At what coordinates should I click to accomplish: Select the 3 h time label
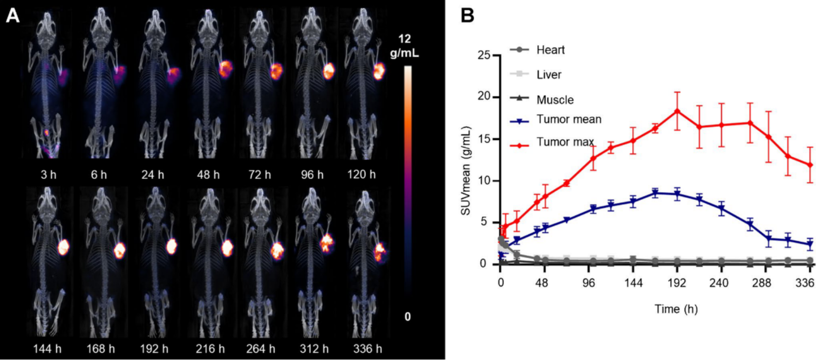coord(48,175)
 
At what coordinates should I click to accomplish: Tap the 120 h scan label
coord(361,175)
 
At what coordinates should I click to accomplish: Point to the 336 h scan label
coord(367,348)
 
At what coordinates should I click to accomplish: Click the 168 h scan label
coord(100,348)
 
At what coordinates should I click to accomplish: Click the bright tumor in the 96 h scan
coord(329,71)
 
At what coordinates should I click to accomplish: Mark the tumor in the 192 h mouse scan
coord(171,246)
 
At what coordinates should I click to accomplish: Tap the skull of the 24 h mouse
coord(154,21)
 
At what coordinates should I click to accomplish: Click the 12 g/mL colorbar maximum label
coord(404,46)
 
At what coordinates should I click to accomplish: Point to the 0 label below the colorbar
coord(408,317)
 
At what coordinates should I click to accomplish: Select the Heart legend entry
coord(550,50)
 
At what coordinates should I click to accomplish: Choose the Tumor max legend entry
coord(565,142)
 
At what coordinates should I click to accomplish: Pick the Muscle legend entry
coord(555,100)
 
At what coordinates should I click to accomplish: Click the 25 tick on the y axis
coord(484,55)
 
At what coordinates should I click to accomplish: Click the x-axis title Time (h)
coord(675,309)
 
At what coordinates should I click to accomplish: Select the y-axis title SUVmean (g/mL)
coord(466,170)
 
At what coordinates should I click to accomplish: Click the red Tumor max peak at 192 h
coord(677,111)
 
